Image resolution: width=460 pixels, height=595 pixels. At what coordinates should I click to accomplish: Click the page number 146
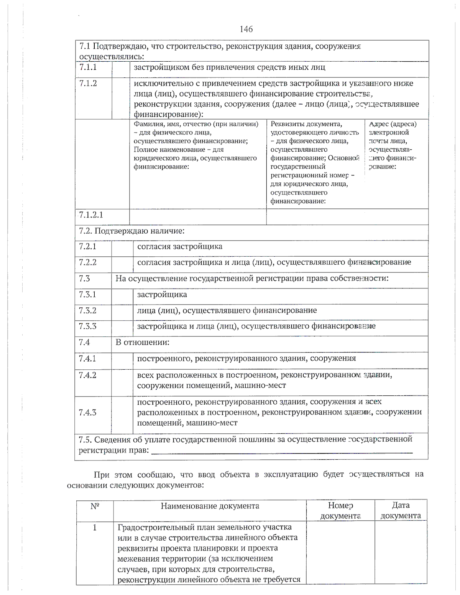click(x=246, y=29)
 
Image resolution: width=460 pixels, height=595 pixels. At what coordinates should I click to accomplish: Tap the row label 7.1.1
click(x=88, y=67)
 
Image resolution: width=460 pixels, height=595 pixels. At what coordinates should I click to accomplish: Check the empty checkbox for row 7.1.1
click(x=121, y=69)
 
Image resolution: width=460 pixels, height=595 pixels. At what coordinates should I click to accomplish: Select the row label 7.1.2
click(x=88, y=84)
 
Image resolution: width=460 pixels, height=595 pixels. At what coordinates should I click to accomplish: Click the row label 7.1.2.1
click(x=91, y=215)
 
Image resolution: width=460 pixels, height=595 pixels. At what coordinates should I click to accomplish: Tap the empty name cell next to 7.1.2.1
click(x=198, y=217)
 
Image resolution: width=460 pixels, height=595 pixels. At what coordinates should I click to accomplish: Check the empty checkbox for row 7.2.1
click(x=122, y=248)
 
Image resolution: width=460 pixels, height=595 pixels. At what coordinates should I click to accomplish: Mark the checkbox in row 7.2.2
click(x=122, y=264)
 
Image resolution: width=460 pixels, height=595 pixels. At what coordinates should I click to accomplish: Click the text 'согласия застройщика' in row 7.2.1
click(x=179, y=246)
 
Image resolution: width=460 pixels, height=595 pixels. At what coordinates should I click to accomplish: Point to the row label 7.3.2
click(x=87, y=310)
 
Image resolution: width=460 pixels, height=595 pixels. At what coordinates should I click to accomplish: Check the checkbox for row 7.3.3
click(x=122, y=328)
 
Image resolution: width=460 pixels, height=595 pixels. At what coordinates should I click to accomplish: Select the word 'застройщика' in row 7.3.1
click(x=162, y=295)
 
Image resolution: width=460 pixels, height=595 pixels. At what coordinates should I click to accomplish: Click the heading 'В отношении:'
click(x=142, y=343)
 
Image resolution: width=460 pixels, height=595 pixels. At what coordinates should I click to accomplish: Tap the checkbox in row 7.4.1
click(x=122, y=361)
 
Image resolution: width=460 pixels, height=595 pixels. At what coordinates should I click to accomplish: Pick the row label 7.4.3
click(x=87, y=413)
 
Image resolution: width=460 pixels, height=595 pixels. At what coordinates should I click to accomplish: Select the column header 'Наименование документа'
click(x=210, y=506)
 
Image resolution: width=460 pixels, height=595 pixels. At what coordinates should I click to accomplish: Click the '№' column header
click(x=95, y=506)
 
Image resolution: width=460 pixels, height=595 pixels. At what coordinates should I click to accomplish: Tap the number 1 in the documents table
click(x=95, y=528)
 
